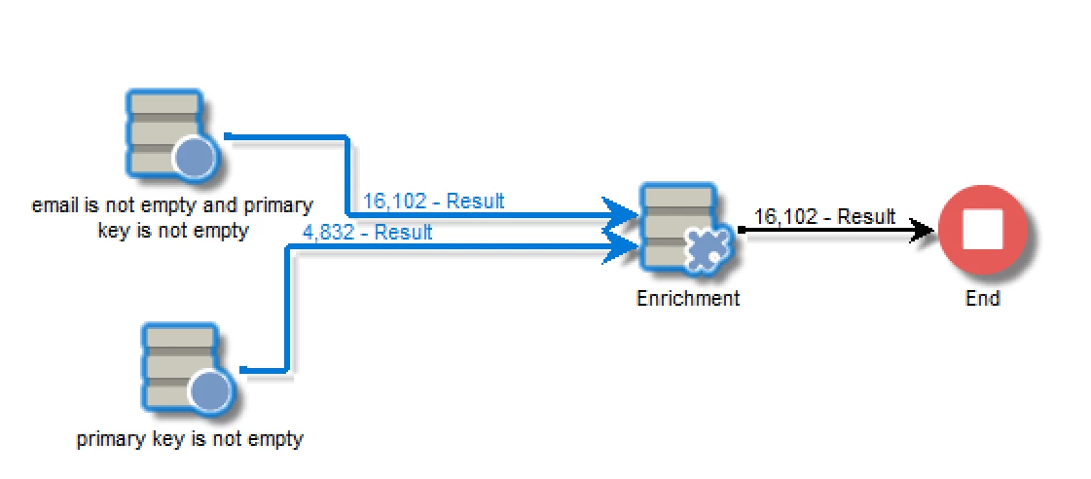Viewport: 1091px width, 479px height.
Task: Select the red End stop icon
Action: click(x=982, y=233)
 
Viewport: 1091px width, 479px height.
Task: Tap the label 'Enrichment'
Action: click(x=687, y=298)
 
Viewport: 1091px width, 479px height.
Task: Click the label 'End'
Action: click(x=982, y=298)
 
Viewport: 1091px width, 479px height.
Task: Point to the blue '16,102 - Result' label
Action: click(x=433, y=202)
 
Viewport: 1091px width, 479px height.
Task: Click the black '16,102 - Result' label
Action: click(x=824, y=216)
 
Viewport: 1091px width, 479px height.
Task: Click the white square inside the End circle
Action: click(x=982, y=233)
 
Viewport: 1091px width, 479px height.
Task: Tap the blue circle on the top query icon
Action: click(x=196, y=158)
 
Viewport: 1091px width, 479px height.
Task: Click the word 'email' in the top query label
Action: click(x=51, y=206)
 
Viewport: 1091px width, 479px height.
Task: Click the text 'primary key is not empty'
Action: click(x=190, y=439)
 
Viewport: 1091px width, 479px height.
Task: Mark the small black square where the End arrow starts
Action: click(x=742, y=231)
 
